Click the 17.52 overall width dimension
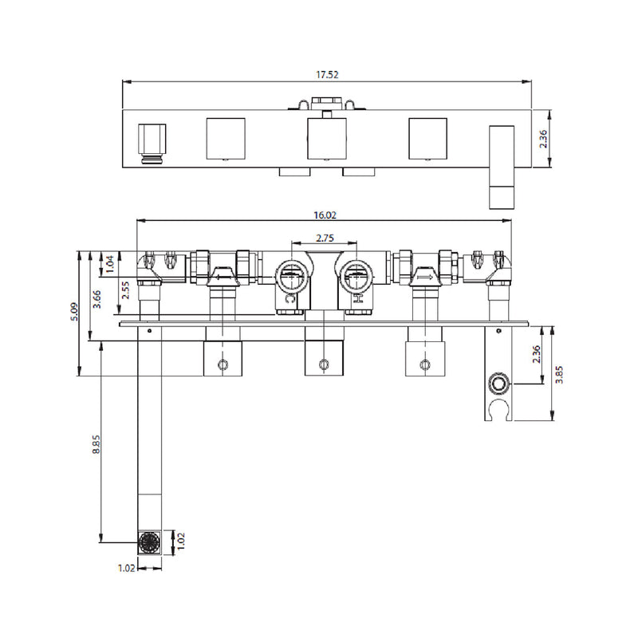point(327,75)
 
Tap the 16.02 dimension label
point(325,215)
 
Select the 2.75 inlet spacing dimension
point(325,238)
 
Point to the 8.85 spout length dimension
point(96,444)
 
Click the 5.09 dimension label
point(75,312)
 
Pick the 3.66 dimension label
point(96,299)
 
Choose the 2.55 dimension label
point(125,290)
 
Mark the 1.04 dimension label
point(110,264)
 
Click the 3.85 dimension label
point(559,374)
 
